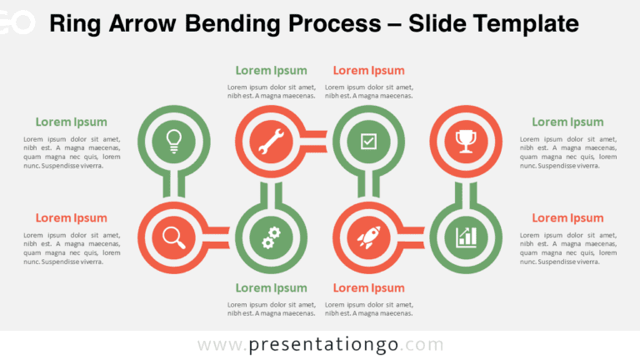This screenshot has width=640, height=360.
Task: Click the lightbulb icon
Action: click(173, 140)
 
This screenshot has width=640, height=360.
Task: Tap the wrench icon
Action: click(271, 141)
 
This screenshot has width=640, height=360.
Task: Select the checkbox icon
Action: click(368, 141)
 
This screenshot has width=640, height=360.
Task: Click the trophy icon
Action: click(466, 140)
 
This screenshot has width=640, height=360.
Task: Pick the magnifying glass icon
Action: click(173, 237)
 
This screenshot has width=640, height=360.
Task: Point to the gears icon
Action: click(271, 237)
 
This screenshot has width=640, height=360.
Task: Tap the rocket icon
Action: click(368, 237)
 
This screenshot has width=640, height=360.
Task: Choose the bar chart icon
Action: click(466, 237)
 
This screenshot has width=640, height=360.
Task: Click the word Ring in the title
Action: click(72, 24)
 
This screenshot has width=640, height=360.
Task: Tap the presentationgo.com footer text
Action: click(321, 344)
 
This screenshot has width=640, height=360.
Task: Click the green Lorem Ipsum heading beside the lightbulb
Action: click(71, 122)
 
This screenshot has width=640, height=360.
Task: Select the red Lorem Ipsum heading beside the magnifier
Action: click(71, 218)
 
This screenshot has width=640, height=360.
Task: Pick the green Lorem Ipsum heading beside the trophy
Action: click(567, 122)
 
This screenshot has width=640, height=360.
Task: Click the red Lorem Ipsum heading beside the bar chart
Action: click(567, 218)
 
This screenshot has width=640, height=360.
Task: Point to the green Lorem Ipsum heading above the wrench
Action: click(271, 71)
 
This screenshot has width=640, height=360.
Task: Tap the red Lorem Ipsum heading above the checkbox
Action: click(368, 71)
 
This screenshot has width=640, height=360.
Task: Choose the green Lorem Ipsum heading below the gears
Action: click(271, 288)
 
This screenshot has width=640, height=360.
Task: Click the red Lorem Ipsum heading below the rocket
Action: click(368, 288)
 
